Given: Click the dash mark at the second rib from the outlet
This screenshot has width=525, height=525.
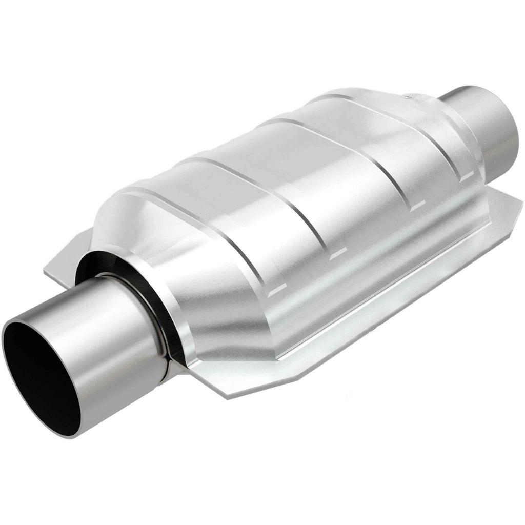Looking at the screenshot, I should [418, 205].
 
